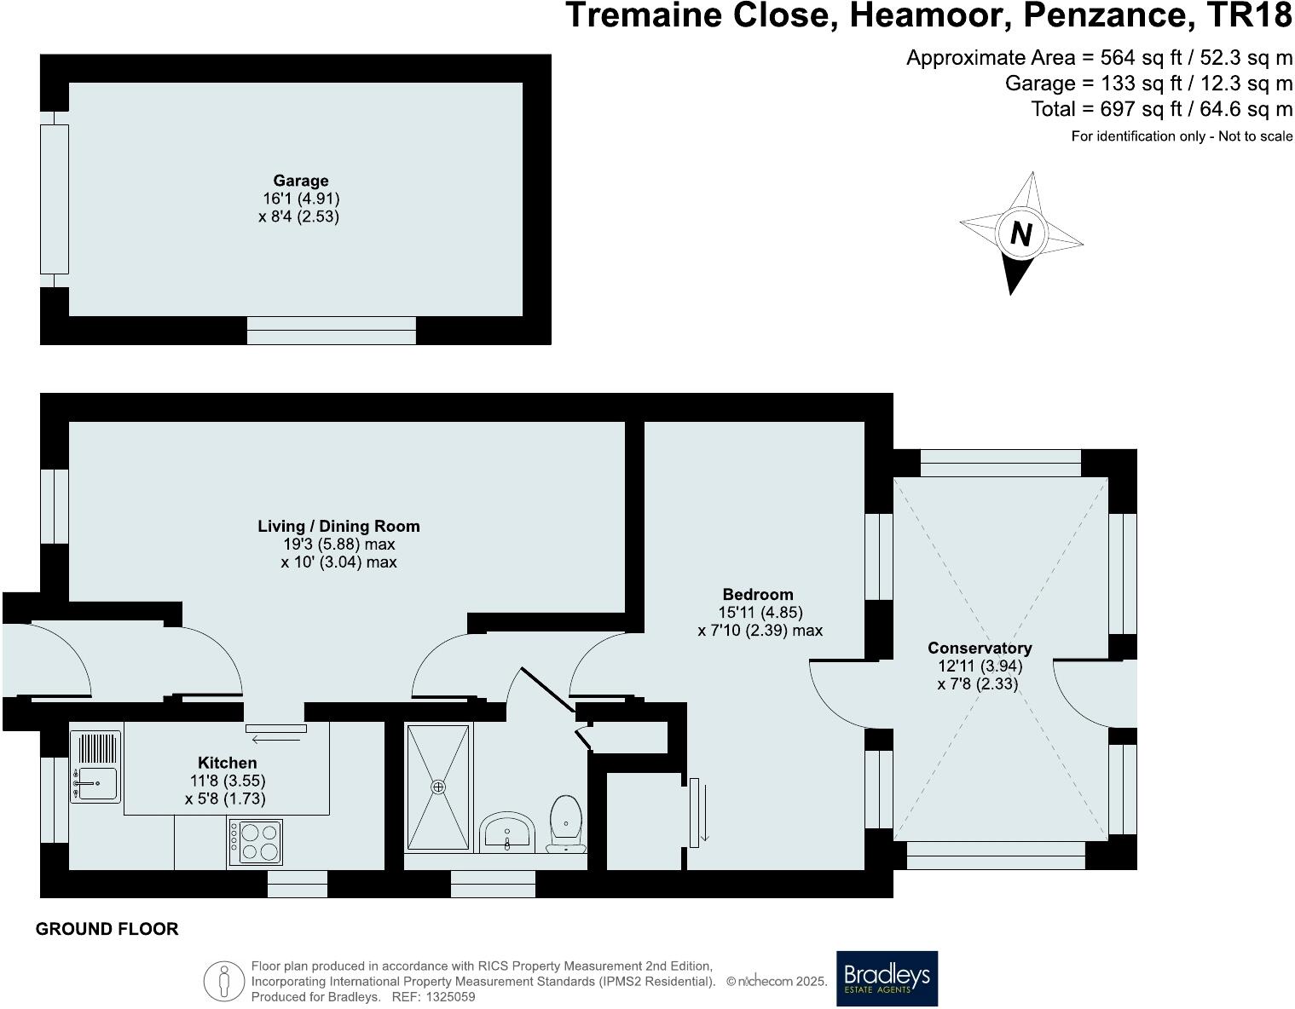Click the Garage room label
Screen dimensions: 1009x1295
tap(300, 181)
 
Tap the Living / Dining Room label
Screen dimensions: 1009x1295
tap(338, 527)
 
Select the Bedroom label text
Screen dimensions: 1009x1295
tap(757, 594)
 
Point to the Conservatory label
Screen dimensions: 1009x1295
tap(980, 648)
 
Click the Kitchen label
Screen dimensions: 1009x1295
tap(227, 763)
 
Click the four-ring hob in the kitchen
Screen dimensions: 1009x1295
tap(255, 841)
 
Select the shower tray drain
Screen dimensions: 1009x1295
tap(438, 787)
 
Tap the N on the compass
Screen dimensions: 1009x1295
tap(1020, 234)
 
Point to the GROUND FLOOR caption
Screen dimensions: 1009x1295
tap(107, 929)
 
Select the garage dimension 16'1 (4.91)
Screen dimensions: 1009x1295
tap(301, 199)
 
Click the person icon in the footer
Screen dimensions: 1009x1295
tap(223, 981)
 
